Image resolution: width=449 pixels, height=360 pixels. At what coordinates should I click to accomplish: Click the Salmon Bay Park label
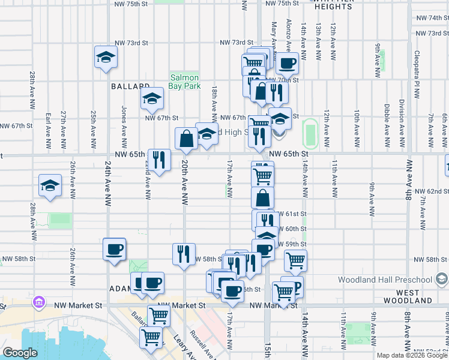pos(185,82)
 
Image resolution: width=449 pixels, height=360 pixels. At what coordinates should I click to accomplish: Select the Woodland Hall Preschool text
pos(385,280)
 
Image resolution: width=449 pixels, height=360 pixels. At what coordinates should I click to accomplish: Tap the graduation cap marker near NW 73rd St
pos(106,58)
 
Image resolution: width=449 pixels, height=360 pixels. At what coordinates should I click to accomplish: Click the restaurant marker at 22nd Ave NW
pos(158,160)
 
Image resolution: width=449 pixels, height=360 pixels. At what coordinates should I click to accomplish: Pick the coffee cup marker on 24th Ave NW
pos(114,250)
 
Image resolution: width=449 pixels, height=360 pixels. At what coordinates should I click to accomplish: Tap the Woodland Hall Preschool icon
pos(442,279)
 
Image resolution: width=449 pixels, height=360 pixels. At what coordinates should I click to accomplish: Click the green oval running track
pos(310,133)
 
